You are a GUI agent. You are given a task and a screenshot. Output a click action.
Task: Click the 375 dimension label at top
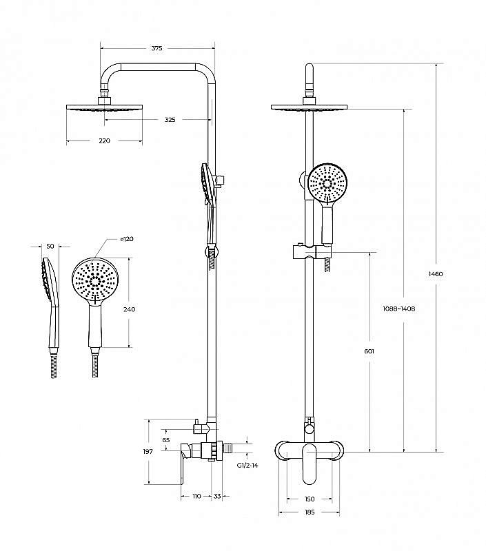(x=156, y=48)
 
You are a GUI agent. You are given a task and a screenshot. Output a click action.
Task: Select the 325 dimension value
(x=170, y=120)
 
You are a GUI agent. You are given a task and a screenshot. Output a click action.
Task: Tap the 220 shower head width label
(x=104, y=141)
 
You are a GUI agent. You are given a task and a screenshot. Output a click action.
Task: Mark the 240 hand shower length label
(x=129, y=309)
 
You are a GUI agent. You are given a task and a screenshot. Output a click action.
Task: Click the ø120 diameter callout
(x=127, y=239)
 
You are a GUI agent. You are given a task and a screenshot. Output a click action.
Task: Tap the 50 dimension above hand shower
(x=49, y=246)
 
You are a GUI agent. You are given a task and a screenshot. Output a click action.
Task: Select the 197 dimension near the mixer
(x=148, y=451)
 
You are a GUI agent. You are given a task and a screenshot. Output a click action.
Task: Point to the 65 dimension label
(x=165, y=439)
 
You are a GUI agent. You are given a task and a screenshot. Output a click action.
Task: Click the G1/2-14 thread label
(x=246, y=466)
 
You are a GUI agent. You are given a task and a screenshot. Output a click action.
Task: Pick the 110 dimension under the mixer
(x=196, y=496)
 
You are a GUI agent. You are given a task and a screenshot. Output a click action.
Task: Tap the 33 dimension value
(x=217, y=496)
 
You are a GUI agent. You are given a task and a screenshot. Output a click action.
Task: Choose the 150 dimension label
(x=309, y=499)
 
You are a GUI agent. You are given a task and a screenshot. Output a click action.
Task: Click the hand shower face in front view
(x=327, y=183)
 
